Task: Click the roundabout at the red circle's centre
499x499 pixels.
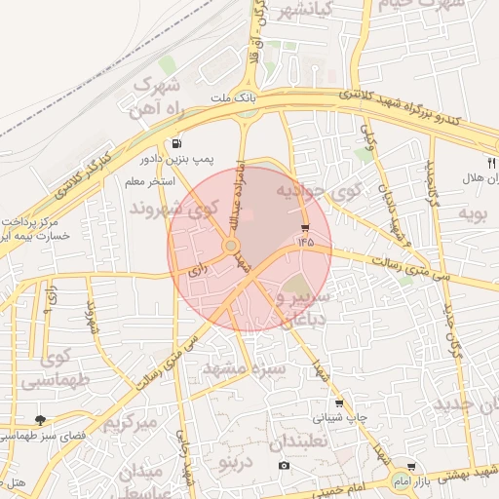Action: pos(231,247)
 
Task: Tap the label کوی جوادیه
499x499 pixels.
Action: pos(321,191)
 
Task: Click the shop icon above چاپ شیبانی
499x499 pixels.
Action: pos(339,403)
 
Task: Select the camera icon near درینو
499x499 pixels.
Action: pos(285,465)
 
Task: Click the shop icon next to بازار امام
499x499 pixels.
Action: pos(411,467)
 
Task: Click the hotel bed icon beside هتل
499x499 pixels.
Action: pos(16,483)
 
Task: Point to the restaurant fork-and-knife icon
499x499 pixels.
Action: pos(490,163)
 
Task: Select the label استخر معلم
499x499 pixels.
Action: pos(149,182)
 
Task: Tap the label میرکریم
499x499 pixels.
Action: pos(131,423)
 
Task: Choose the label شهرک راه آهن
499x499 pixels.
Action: pos(149,95)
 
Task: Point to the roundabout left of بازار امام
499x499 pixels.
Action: pos(401,481)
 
